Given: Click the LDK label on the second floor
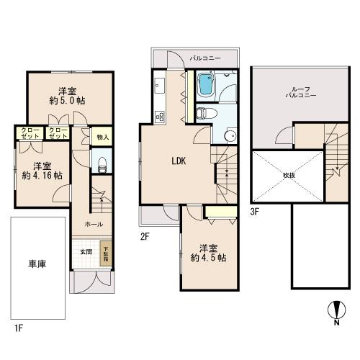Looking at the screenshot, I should [x=179, y=161].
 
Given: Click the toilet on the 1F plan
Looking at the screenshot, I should [x=102, y=162].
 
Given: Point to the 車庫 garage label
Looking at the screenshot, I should [x=37, y=264].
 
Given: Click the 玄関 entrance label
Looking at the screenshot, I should [x=86, y=251].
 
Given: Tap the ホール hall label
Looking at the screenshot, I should [x=94, y=224].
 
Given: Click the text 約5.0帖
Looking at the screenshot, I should [x=69, y=102].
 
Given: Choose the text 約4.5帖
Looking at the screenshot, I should [x=207, y=258].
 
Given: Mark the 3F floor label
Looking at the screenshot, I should [x=255, y=211].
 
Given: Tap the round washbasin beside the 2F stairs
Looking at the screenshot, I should [x=230, y=137].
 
